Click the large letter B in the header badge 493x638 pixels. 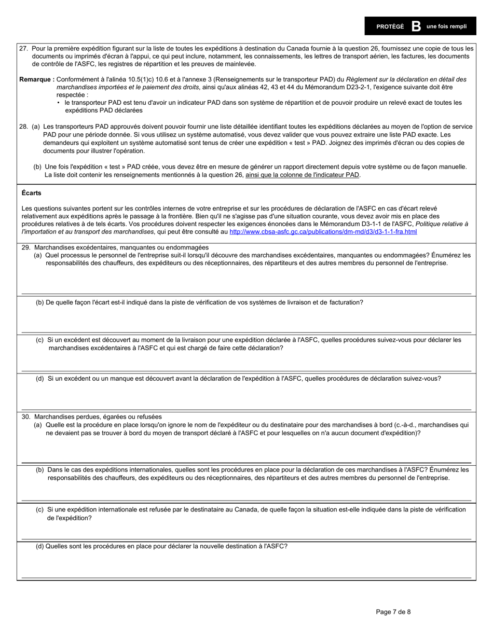(416, 26)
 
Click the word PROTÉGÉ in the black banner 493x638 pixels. (390, 27)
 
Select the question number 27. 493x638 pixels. (23, 48)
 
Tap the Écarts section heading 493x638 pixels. (32, 193)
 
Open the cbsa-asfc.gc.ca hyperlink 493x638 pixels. (323, 231)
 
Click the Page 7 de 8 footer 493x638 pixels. (393, 612)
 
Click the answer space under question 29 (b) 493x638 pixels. (246, 320)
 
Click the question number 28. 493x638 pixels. (23, 127)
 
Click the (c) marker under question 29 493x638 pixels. (39, 340)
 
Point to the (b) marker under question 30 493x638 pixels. (39, 469)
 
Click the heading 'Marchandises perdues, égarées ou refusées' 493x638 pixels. (98, 417)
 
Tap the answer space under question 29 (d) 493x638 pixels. (246, 396)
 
